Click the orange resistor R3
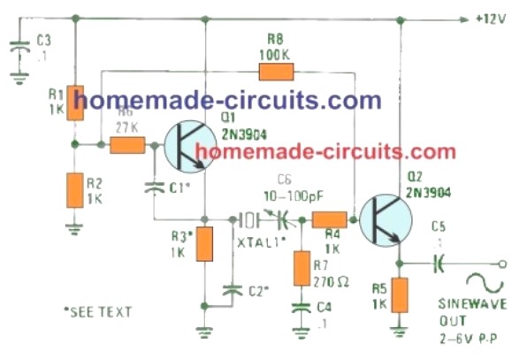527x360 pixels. coord(205,245)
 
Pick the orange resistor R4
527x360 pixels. coord(329,219)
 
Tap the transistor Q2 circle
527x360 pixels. coord(383,219)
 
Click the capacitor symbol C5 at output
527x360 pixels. coord(437,263)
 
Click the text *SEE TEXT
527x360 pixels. coord(97,311)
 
